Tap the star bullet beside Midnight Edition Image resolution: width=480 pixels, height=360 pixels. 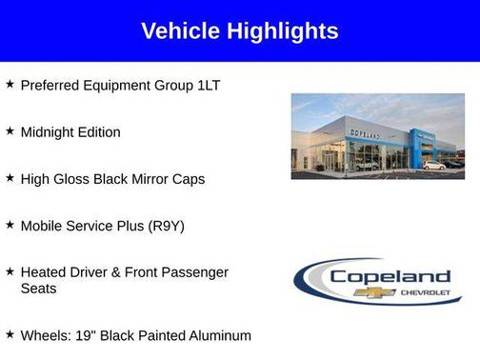point(10,130)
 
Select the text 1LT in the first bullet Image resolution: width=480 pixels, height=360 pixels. point(208,86)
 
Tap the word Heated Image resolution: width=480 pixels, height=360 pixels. point(44,272)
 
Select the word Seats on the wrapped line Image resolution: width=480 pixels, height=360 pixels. point(39,289)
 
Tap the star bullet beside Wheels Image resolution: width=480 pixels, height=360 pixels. point(10,333)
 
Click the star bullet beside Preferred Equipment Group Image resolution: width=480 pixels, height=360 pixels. point(10,84)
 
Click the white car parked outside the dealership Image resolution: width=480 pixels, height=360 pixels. point(434,165)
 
